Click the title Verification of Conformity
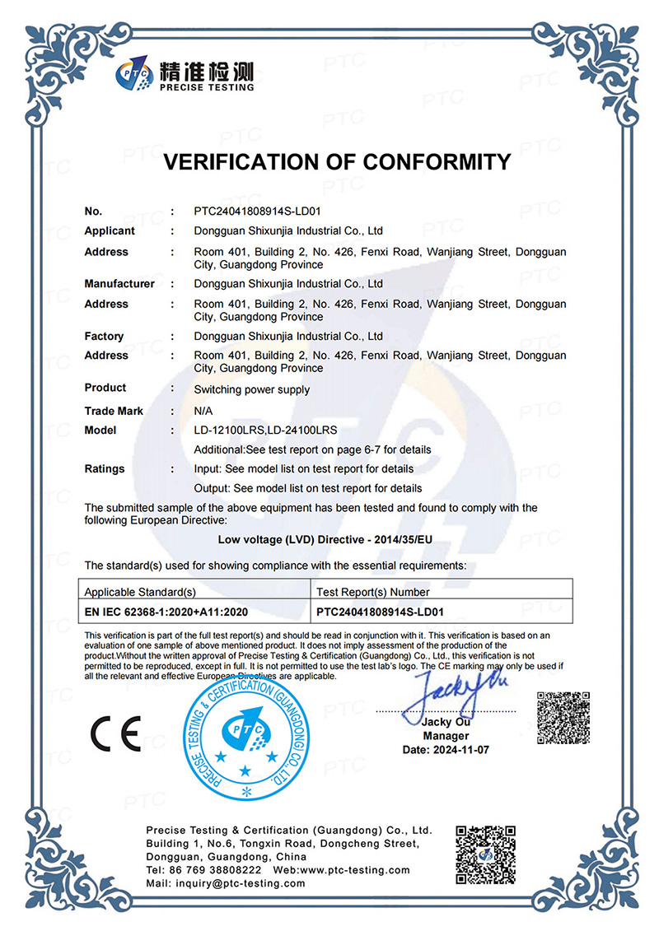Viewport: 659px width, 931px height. tap(337, 161)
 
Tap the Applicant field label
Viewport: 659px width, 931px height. tap(110, 231)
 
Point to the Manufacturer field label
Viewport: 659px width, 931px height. tap(119, 284)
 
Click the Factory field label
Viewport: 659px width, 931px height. tap(104, 336)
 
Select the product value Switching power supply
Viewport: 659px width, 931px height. tap(251, 389)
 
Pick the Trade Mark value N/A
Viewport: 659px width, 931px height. tap(204, 411)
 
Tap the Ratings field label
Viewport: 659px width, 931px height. tap(105, 468)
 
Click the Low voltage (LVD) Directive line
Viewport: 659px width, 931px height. tap(329, 541)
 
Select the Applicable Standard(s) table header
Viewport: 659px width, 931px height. tap(140, 592)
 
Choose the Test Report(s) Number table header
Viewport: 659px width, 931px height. tap(373, 592)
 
